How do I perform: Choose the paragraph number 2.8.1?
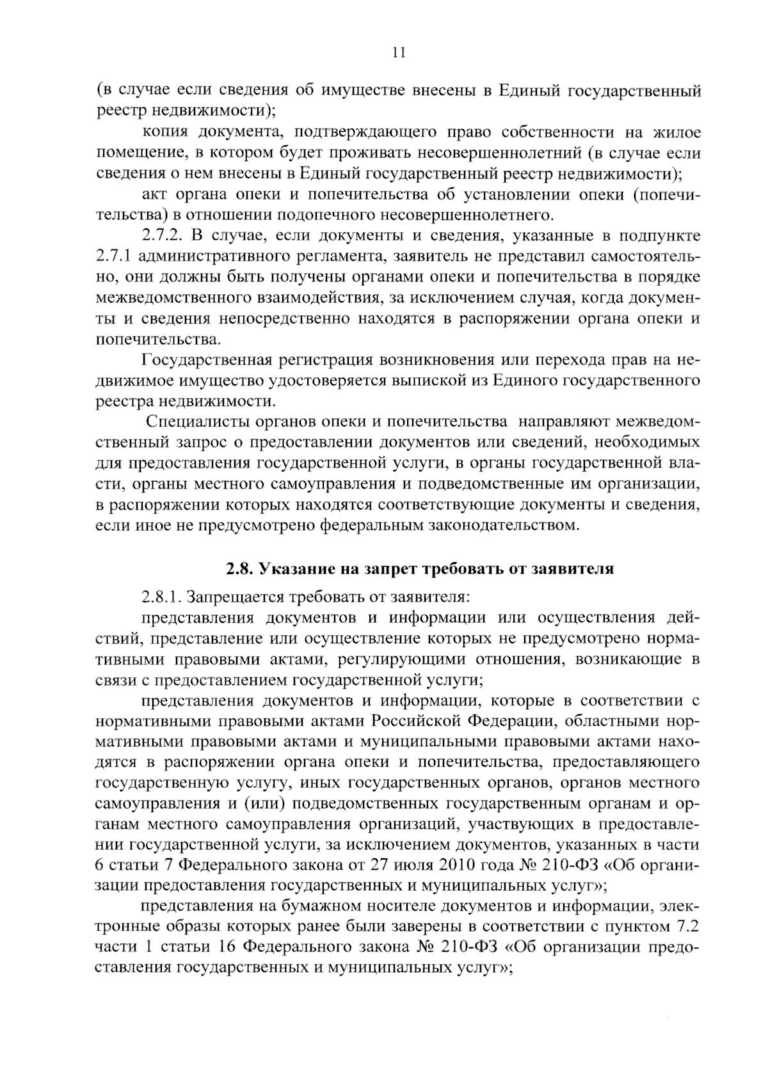pos(163,597)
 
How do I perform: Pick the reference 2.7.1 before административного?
pos(113,256)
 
